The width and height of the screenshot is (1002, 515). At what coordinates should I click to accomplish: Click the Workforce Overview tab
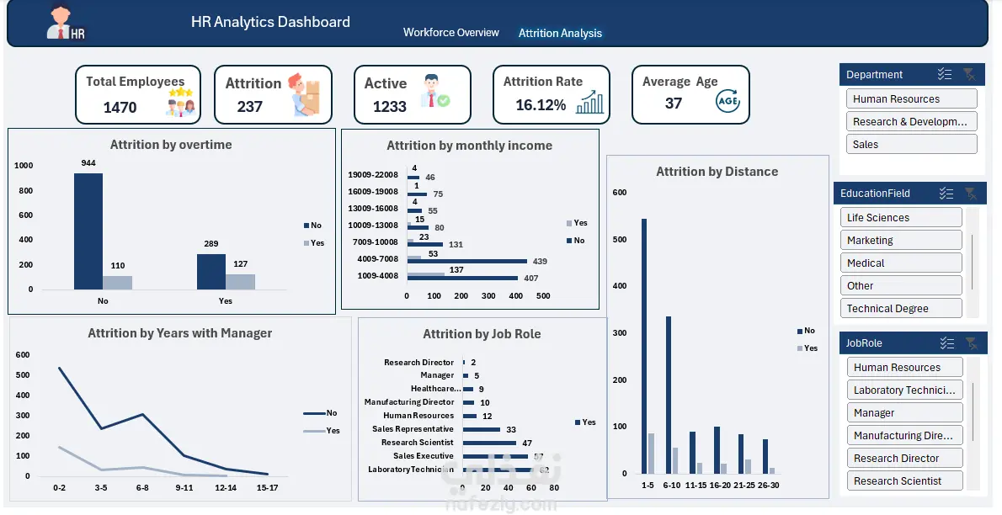pos(450,33)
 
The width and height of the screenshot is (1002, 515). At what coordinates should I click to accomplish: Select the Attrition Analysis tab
pos(560,34)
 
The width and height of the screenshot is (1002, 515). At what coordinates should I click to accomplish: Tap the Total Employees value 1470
pos(120,107)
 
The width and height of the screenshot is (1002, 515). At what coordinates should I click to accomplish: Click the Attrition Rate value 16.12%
pos(541,105)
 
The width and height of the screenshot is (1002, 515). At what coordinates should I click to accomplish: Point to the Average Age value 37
pos(673,104)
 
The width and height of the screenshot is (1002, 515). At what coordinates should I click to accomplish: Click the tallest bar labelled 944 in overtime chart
pos(88,231)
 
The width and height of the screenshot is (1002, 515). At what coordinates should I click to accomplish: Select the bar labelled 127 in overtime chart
pos(240,281)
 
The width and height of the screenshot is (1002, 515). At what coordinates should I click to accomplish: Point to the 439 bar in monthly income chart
pos(467,261)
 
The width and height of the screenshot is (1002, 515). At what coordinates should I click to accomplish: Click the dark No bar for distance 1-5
pos(644,345)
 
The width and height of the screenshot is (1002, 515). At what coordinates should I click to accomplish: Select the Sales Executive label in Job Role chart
pos(423,456)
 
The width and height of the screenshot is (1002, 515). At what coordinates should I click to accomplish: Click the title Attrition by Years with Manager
pos(179,333)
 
